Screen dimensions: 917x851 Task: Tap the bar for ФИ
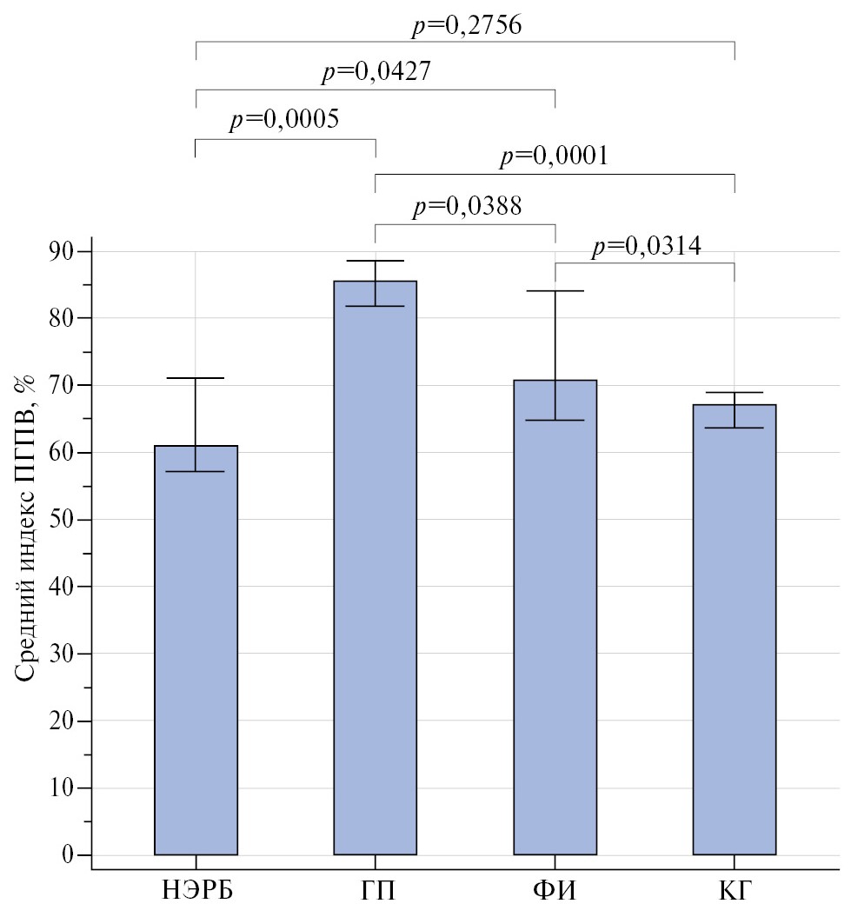pyautogui.click(x=555, y=617)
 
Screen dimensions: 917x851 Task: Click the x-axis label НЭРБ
pyautogui.click(x=196, y=893)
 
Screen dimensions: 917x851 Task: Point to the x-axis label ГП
pyautogui.click(x=376, y=893)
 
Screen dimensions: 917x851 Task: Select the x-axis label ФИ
pyautogui.click(x=555, y=893)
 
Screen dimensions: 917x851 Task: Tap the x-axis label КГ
pyautogui.click(x=735, y=893)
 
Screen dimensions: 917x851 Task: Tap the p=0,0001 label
pyautogui.click(x=554, y=157)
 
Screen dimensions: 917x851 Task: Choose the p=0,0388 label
pyautogui.click(x=466, y=207)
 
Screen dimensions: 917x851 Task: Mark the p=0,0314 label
pyautogui.click(x=646, y=247)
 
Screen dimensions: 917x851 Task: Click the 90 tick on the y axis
pyautogui.click(x=66, y=251)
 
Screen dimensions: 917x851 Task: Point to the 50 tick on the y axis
pyautogui.click(x=66, y=520)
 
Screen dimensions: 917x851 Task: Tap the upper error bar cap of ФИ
pyautogui.click(x=555, y=290)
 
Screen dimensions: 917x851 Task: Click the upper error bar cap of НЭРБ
pyautogui.click(x=196, y=378)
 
